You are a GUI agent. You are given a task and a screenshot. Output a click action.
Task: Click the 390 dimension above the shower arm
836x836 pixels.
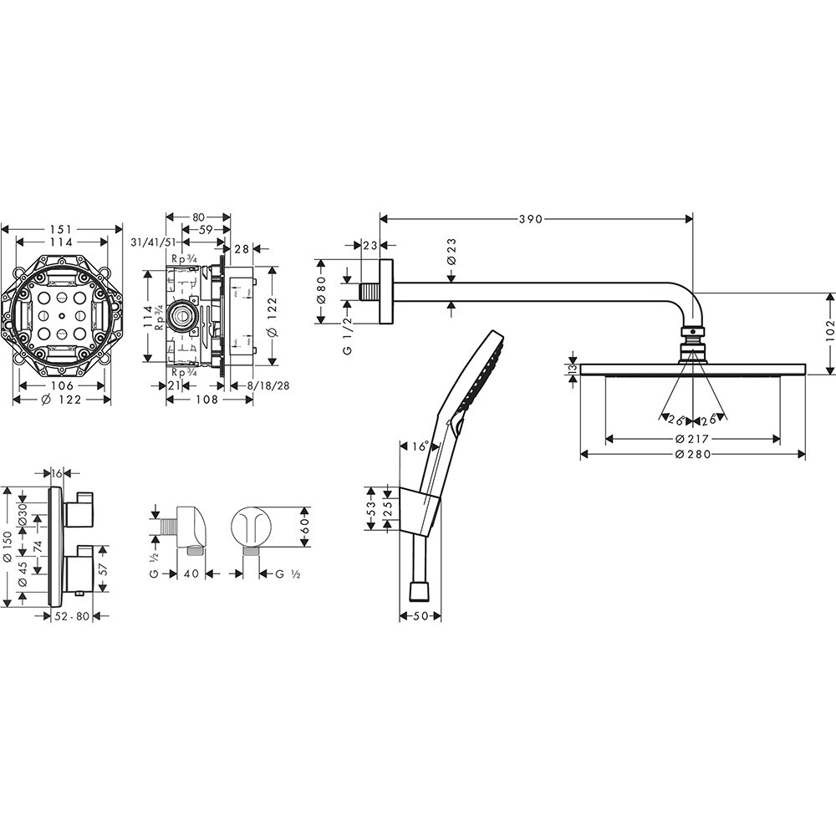coord(532,219)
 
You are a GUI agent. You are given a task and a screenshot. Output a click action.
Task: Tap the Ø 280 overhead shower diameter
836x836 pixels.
coord(693,454)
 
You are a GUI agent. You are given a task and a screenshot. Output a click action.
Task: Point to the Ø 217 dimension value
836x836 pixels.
coord(693,438)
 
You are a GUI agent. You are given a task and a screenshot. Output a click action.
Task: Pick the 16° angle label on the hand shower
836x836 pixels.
coord(421,446)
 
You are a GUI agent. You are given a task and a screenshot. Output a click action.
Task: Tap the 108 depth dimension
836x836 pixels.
coord(207,400)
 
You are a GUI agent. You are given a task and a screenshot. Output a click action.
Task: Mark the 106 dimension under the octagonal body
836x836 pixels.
coord(61,385)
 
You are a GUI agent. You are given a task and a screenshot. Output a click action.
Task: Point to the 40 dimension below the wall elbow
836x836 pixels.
coord(190,573)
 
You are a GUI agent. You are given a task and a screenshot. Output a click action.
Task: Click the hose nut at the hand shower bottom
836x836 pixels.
coord(420,591)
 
